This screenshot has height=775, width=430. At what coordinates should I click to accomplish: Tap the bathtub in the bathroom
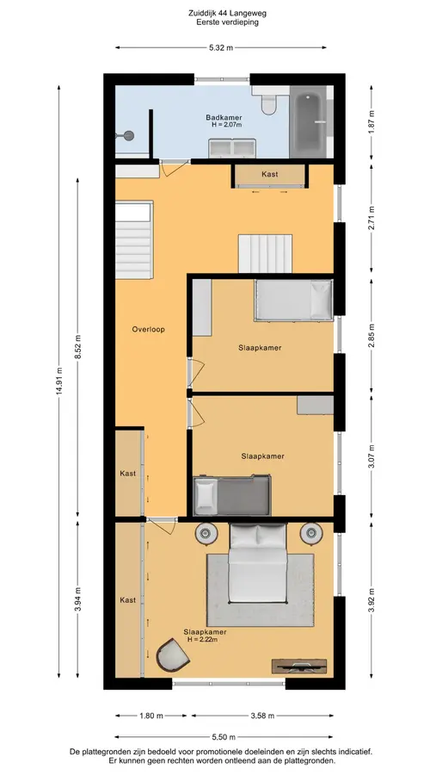pos(308,121)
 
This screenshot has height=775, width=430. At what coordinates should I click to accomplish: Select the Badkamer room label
pos(224,118)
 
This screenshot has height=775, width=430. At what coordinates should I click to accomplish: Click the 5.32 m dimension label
pos(221,48)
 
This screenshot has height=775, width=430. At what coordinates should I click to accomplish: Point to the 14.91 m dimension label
pos(59,381)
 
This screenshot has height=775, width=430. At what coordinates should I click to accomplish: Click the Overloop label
pos(148,329)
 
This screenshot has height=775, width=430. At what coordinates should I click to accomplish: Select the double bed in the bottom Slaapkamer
pos(257,563)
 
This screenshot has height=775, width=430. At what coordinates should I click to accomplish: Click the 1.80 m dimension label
pos(151,716)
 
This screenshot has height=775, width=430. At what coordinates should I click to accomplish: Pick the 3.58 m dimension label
pos(262,716)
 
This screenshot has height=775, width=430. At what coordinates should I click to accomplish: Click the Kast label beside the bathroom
pos(269,174)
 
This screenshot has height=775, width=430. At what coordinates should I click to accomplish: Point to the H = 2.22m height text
pos(203,640)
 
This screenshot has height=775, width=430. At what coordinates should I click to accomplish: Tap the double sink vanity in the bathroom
pos(232,148)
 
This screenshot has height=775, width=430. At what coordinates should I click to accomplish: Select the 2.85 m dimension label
pos(372,336)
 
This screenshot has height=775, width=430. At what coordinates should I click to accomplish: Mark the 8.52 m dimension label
pos(77,346)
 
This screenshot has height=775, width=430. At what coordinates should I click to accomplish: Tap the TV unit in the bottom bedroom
pos(299,666)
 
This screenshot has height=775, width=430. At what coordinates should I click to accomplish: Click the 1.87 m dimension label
pos(372,121)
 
